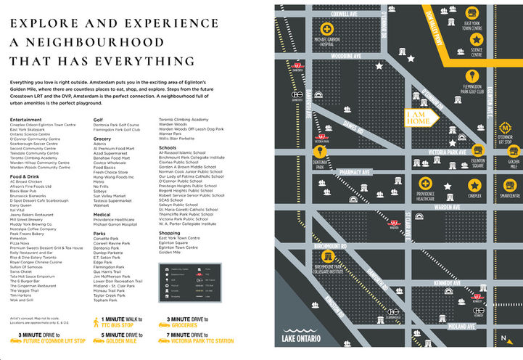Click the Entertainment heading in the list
(x=25, y=119)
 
